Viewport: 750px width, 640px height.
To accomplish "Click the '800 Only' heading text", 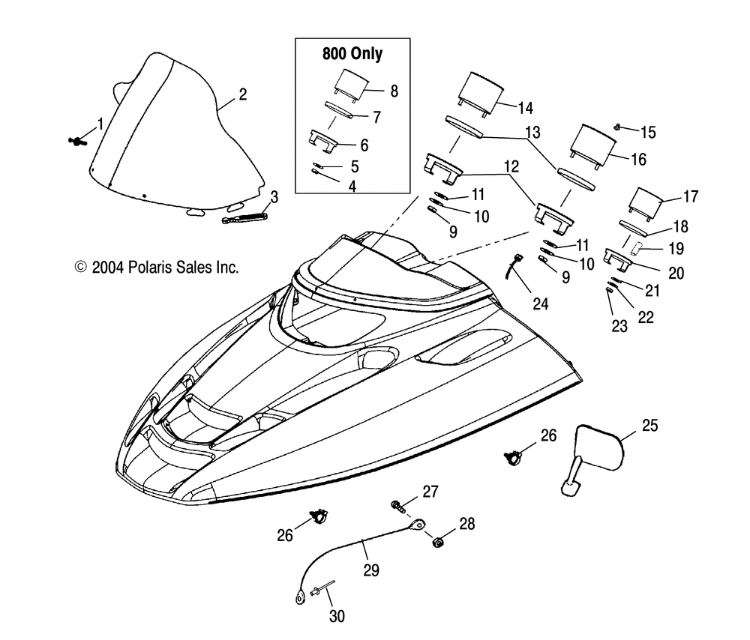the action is point(352,53).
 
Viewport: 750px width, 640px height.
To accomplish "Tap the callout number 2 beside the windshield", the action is point(242,94).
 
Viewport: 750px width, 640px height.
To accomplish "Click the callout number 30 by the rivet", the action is point(337,616).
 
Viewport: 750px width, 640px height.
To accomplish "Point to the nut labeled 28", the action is point(436,542).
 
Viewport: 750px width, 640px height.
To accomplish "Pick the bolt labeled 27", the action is point(398,506).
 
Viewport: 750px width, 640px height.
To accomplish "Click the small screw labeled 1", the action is point(76,141).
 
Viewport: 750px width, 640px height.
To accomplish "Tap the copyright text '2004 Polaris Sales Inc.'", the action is point(164,268).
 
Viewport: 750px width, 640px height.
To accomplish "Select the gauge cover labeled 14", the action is point(479,94).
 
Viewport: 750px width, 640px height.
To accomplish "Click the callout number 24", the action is point(540,304).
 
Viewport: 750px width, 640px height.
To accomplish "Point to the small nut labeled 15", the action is point(618,127).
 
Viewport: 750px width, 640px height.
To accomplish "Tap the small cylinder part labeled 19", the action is point(636,249).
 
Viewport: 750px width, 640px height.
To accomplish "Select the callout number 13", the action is point(532,132).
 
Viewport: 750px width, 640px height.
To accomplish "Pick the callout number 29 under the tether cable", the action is point(371,570).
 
